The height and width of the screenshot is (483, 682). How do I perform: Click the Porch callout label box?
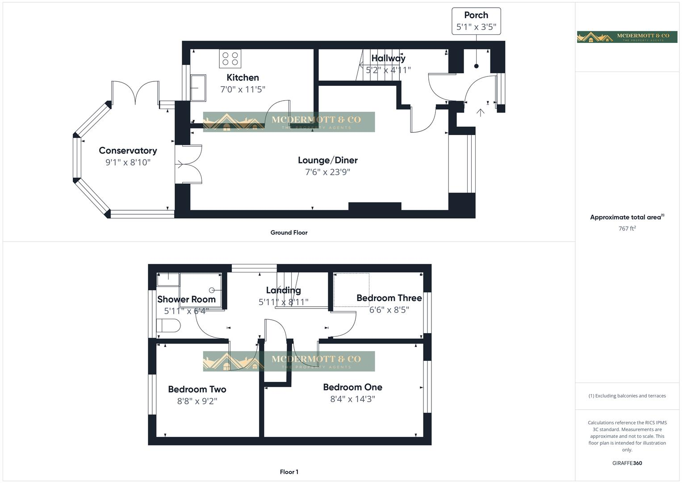click(476, 21)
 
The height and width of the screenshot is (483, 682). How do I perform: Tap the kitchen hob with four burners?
click(230, 59)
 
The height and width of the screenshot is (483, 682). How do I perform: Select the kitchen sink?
click(198, 88)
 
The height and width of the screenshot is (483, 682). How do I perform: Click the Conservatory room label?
click(128, 151)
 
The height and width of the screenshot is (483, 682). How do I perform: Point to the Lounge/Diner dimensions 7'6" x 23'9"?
click(327, 172)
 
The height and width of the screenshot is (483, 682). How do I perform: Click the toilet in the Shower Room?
click(168, 326)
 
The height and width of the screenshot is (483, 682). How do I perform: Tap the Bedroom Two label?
click(197, 389)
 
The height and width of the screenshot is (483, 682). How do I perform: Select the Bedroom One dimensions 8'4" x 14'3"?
click(352, 399)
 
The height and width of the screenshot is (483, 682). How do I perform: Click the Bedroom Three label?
click(389, 298)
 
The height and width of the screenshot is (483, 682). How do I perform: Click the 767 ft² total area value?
click(627, 229)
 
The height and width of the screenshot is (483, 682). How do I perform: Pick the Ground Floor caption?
click(289, 233)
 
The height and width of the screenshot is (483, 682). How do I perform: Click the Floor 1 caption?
click(289, 472)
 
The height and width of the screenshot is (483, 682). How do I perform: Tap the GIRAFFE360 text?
click(627, 463)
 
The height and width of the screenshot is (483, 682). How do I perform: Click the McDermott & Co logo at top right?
click(627, 37)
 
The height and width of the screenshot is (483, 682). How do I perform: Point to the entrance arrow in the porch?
click(480, 112)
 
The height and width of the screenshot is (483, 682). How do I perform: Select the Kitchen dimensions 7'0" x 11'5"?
click(243, 89)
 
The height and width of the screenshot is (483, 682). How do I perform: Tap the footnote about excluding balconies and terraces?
click(627, 396)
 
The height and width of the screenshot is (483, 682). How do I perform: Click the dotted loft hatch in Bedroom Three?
click(351, 290)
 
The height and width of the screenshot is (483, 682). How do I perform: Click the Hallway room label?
click(388, 58)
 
